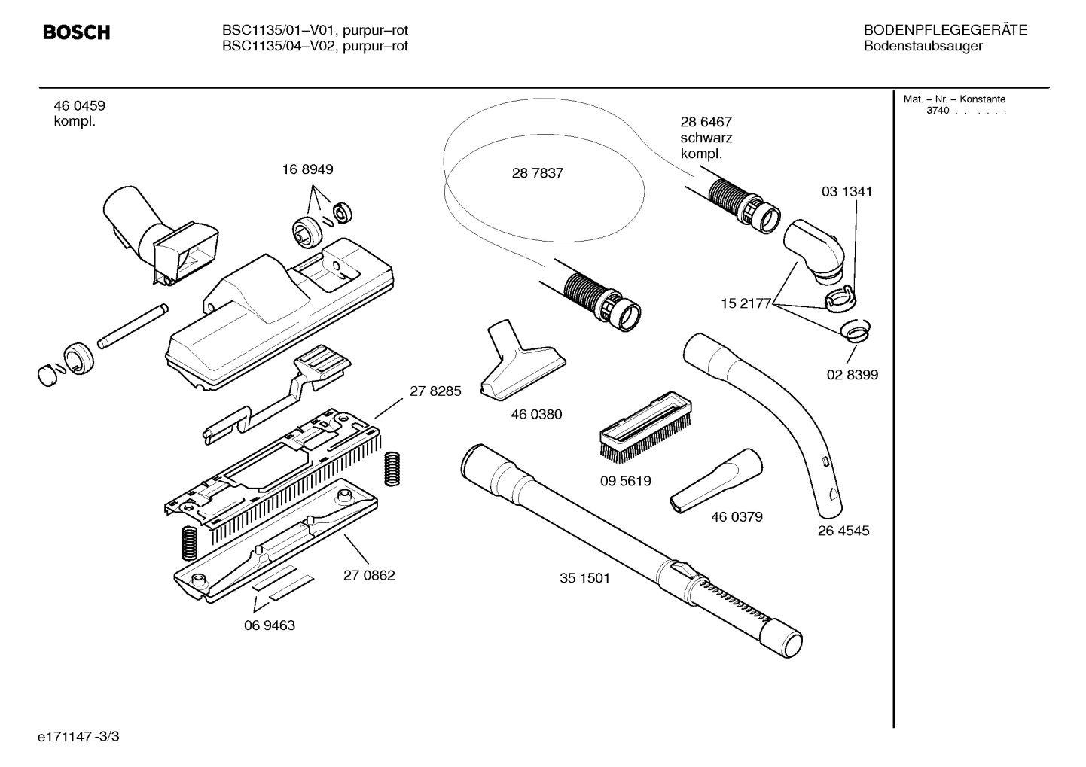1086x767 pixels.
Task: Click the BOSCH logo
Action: pyautogui.click(x=76, y=32)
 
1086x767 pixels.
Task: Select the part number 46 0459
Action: pyautogui.click(x=79, y=106)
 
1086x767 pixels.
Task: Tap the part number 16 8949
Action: pyautogui.click(x=307, y=170)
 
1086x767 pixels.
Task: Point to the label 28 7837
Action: pyautogui.click(x=537, y=173)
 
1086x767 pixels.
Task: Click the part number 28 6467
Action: pyautogui.click(x=706, y=122)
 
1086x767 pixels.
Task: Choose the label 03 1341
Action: pyautogui.click(x=847, y=192)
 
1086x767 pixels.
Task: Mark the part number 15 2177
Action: pyautogui.click(x=746, y=303)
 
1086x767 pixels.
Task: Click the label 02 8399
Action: pyautogui.click(x=852, y=375)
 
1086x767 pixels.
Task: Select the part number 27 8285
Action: pyautogui.click(x=435, y=391)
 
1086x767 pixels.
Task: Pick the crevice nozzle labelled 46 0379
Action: pyautogui.click(x=715, y=482)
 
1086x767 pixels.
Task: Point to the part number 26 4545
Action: pyautogui.click(x=843, y=531)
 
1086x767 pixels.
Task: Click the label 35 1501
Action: pyautogui.click(x=584, y=578)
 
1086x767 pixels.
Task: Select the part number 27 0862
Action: pyautogui.click(x=369, y=575)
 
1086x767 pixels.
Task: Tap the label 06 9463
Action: pyautogui.click(x=270, y=625)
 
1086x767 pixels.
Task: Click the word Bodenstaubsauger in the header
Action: pyautogui.click(x=923, y=47)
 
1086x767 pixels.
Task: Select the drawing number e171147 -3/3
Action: pyautogui.click(x=78, y=736)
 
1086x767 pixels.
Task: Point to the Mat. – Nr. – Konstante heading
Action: pyautogui.click(x=954, y=99)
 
